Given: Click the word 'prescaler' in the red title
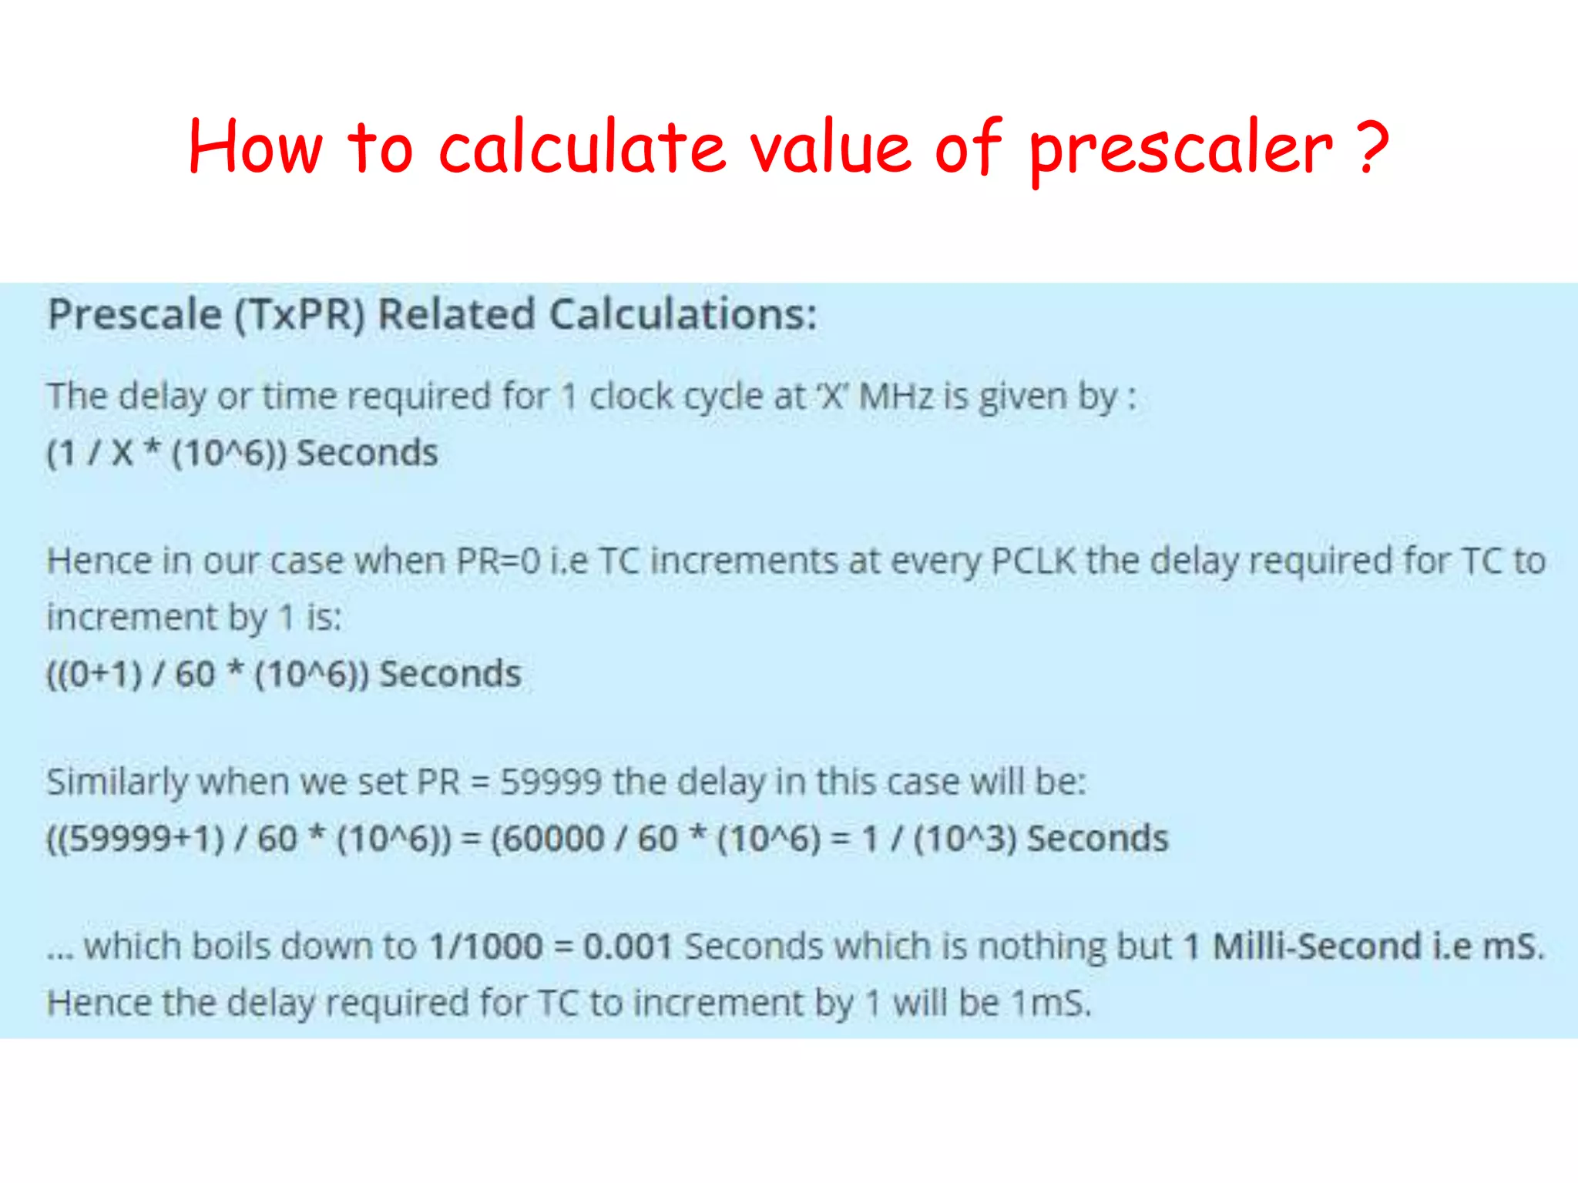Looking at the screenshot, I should tap(1181, 150).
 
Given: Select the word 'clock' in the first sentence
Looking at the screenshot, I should tap(631, 397).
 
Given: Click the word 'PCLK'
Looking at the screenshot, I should tap(1032, 561).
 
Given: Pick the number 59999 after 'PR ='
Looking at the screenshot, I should tap(550, 783).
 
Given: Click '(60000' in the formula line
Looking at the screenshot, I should tap(547, 839).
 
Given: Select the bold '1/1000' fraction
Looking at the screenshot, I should tap(485, 947).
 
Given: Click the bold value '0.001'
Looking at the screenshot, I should tap(628, 947).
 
